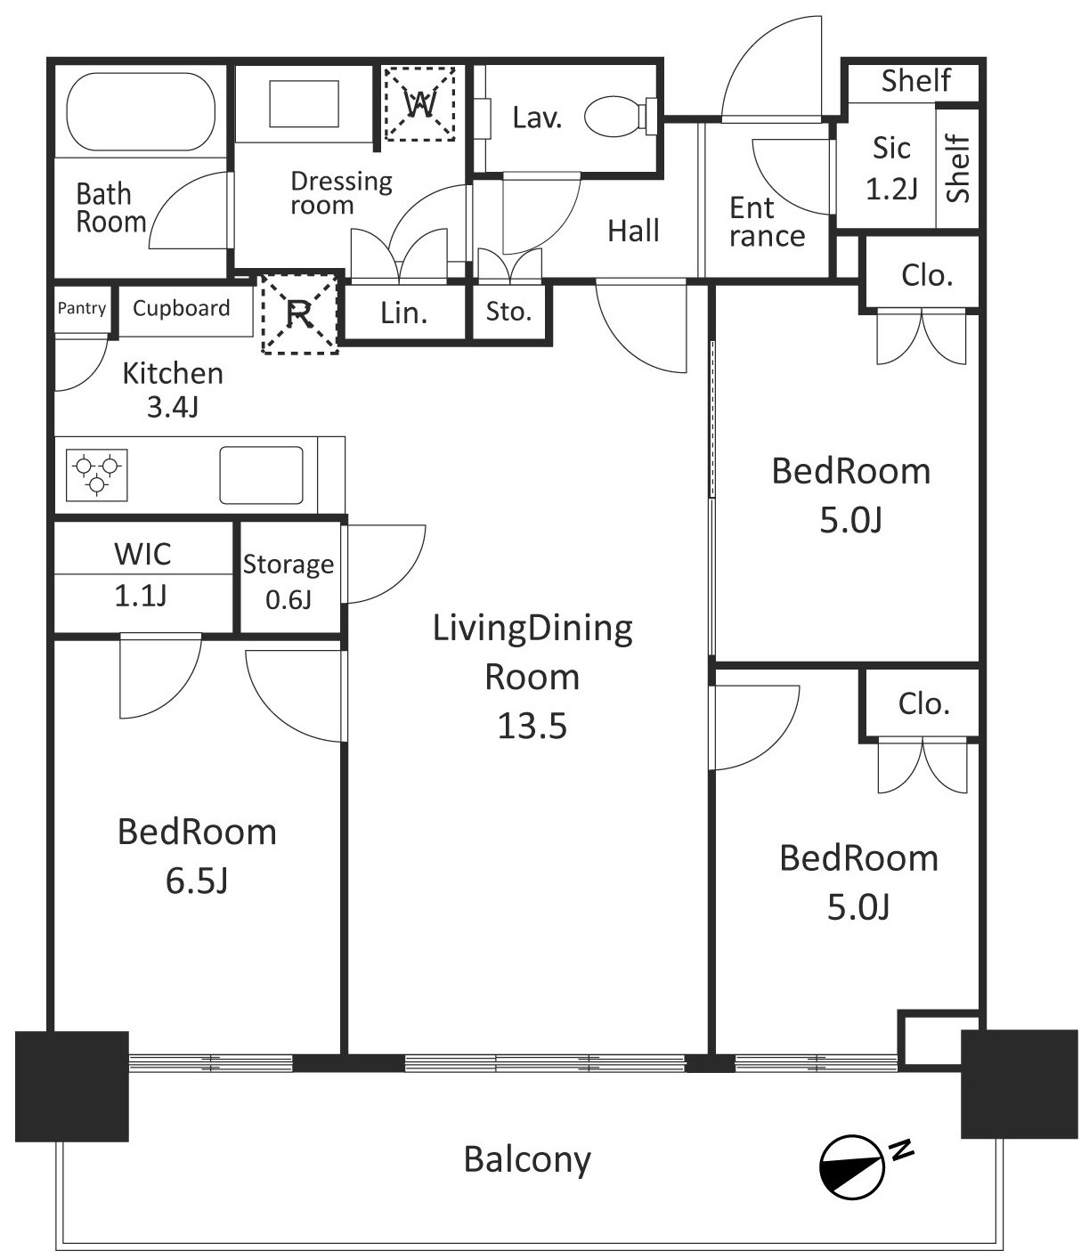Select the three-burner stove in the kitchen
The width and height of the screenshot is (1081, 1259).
96,475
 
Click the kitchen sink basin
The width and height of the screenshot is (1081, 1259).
261,475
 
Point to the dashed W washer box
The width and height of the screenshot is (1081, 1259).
419,103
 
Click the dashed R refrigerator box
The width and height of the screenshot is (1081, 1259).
299,313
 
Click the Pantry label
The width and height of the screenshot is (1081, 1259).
82,308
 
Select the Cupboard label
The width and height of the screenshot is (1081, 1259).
182,308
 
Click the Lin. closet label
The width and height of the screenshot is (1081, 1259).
403,313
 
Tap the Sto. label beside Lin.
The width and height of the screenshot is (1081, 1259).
508,312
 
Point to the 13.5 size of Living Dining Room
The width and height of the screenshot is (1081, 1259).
532,726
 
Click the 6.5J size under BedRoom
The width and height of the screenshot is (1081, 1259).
197,881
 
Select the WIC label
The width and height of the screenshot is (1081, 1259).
142,555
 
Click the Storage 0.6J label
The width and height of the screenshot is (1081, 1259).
289,581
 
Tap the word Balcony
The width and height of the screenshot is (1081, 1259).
527,1159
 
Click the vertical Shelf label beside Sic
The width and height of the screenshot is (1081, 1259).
957,168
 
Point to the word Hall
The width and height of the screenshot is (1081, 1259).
633,231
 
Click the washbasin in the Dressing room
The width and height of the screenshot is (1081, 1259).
304,103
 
